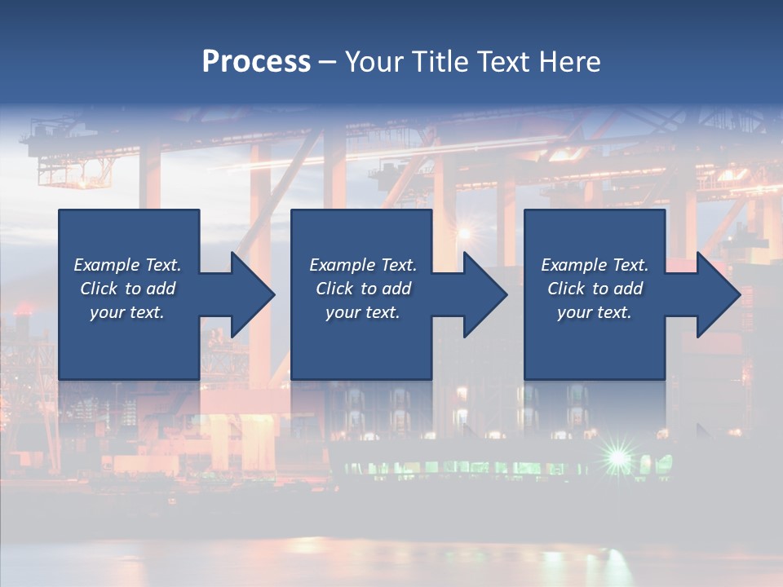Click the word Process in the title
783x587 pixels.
pyautogui.click(x=256, y=62)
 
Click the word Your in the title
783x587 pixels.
pyautogui.click(x=371, y=62)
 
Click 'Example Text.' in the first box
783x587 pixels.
pyautogui.click(x=127, y=265)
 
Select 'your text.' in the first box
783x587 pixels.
pyautogui.click(x=127, y=312)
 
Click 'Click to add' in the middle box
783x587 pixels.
pyautogui.click(x=363, y=289)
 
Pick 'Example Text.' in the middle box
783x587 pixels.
pyautogui.click(x=363, y=265)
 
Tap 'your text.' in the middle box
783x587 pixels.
pyautogui.click(x=363, y=312)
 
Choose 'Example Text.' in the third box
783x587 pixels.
pyautogui.click(x=595, y=265)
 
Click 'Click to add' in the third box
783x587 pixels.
pyautogui.click(x=595, y=289)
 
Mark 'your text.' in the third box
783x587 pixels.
pyautogui.click(x=595, y=312)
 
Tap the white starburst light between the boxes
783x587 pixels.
pyautogui.click(x=464, y=234)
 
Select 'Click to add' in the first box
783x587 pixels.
pyautogui.click(x=127, y=289)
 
